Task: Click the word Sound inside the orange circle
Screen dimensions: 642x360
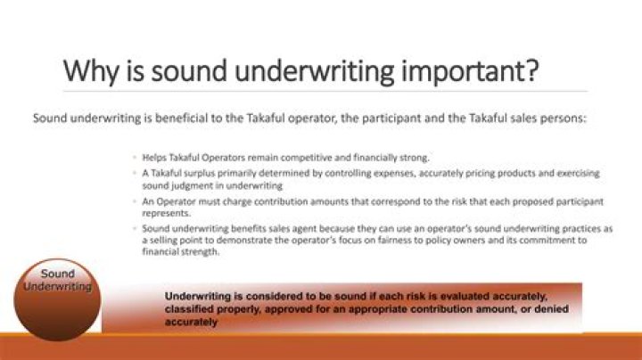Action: pos(58,274)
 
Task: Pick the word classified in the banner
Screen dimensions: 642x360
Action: pos(189,309)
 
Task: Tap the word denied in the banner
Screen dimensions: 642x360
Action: pos(552,309)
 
